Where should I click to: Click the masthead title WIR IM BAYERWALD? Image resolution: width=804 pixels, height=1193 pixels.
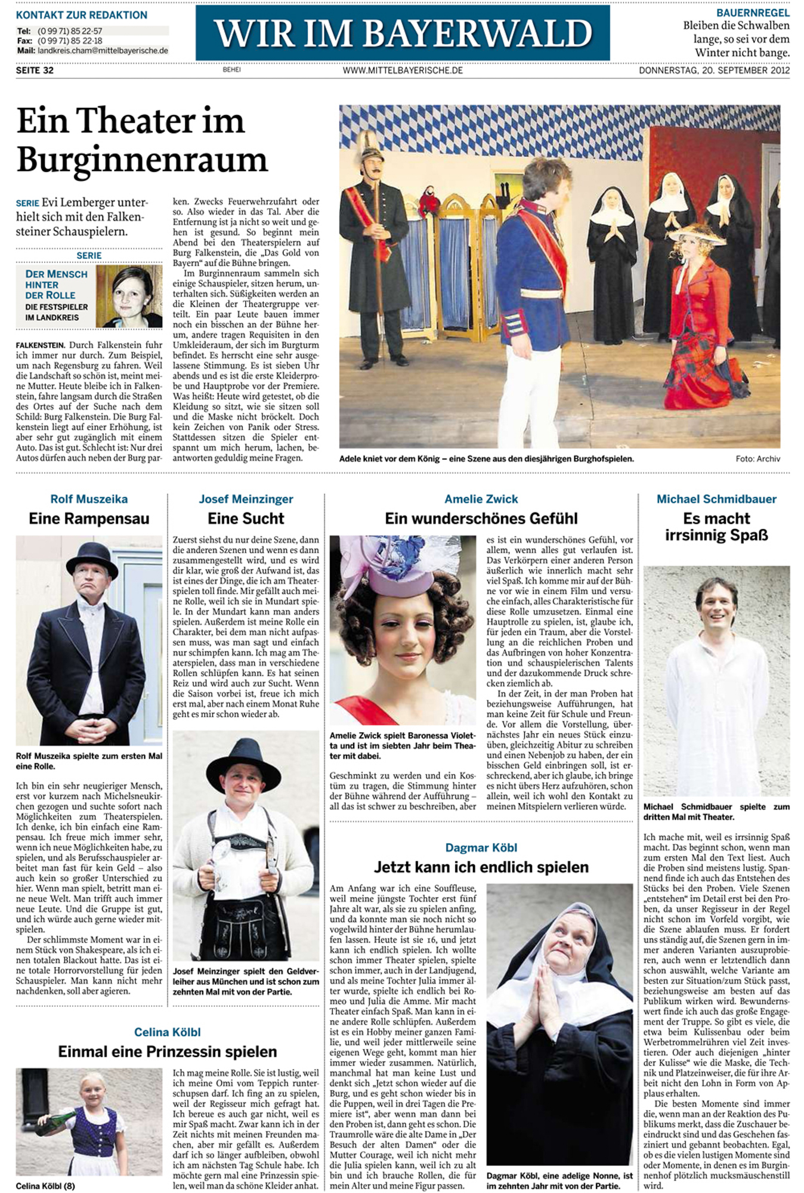[403, 33]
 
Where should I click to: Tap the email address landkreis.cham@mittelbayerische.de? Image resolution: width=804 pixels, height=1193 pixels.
[103, 51]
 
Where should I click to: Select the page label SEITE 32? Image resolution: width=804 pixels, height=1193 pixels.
[35, 70]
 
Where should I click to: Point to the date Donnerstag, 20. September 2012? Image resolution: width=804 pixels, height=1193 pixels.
[714, 70]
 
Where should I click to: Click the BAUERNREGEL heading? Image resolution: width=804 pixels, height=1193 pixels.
[753, 13]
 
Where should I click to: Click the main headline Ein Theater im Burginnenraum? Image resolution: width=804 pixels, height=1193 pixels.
[142, 140]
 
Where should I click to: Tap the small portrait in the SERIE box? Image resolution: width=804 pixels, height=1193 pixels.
[129, 296]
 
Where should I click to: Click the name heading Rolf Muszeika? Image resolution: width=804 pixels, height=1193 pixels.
[89, 499]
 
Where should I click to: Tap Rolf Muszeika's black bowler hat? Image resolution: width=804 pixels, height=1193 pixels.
[92, 558]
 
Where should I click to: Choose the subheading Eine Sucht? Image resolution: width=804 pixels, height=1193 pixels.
[246, 518]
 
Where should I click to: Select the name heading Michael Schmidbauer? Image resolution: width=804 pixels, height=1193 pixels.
[716, 499]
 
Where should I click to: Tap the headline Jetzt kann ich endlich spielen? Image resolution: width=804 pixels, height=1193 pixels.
[481, 867]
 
